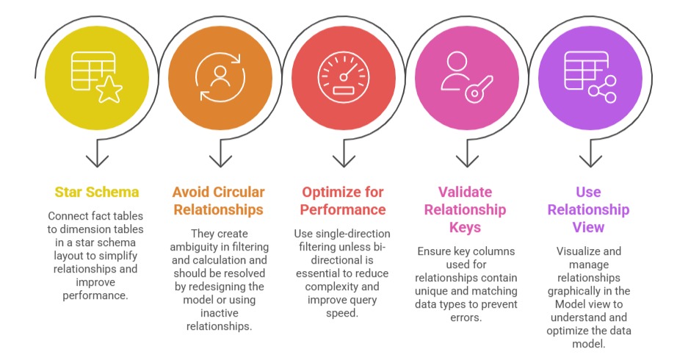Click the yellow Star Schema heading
point(97,192)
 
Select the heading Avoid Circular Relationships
point(219,201)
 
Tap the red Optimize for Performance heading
point(343,201)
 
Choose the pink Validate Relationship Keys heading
point(465,209)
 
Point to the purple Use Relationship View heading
point(588,209)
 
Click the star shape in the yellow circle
point(109,90)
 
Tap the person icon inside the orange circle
point(220,77)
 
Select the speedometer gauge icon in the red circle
point(344,77)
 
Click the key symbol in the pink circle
point(479,90)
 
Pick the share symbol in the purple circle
point(603,90)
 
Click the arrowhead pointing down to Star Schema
point(97,161)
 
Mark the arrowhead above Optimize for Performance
point(344,161)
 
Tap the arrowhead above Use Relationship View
point(590,161)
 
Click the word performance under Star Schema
point(95,295)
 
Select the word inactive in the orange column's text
point(220,313)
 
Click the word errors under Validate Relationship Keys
point(466,317)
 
